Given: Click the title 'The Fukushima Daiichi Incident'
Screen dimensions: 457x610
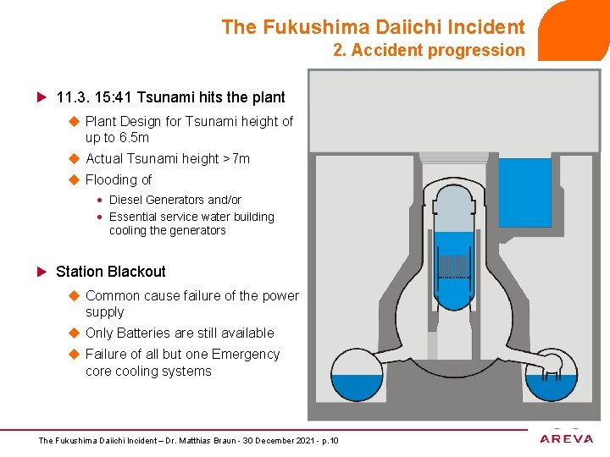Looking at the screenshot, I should (373, 27).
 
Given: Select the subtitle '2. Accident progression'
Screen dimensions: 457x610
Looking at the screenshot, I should (429, 50).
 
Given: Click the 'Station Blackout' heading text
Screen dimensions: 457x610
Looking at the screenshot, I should (110, 272).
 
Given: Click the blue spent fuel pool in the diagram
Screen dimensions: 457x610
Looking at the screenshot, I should (524, 194).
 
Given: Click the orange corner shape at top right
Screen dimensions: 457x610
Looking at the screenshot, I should (576, 30).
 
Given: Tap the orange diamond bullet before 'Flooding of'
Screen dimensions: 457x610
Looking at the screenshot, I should (73, 179).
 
